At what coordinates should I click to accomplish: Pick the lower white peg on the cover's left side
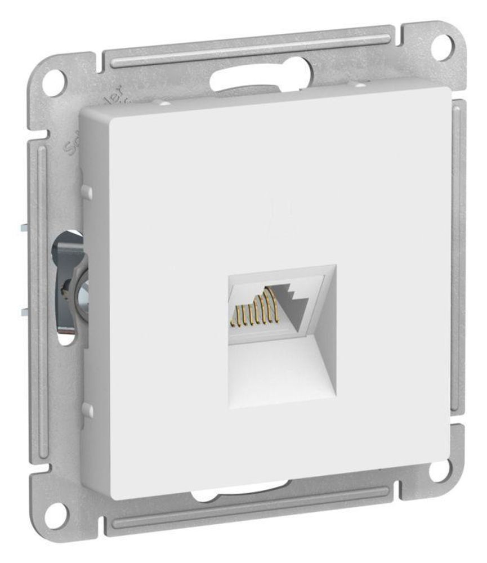coord(87,409)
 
